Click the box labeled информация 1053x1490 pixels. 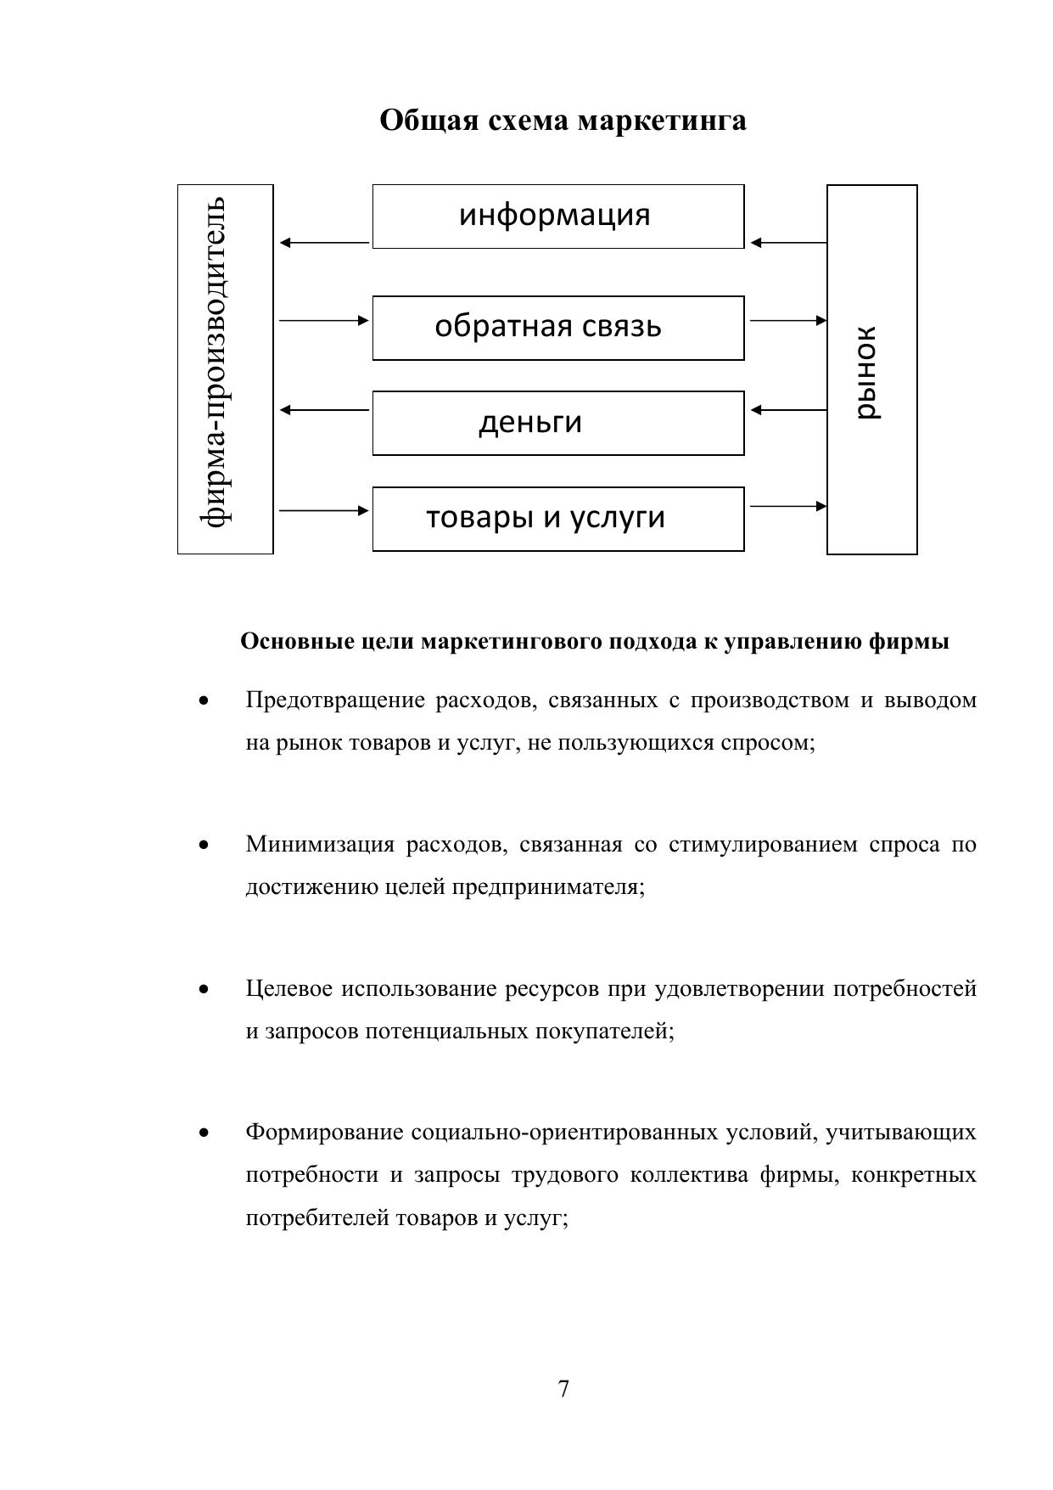click(557, 216)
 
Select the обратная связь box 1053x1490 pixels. click(557, 328)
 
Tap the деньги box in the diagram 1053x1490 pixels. click(557, 423)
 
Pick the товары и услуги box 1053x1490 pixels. click(557, 519)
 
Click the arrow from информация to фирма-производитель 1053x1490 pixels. click(324, 243)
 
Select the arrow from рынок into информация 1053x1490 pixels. click(788, 243)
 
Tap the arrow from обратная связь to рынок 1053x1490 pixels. click(788, 321)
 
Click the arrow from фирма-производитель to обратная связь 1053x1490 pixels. click(324, 321)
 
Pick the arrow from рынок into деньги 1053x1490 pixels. click(788, 410)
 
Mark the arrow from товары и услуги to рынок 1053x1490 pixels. click(788, 507)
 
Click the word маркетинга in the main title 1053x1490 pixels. click(662, 121)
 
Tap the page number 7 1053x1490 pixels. click(563, 1389)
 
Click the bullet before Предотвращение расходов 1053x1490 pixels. click(203, 701)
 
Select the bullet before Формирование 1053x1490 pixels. click(203, 1133)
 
